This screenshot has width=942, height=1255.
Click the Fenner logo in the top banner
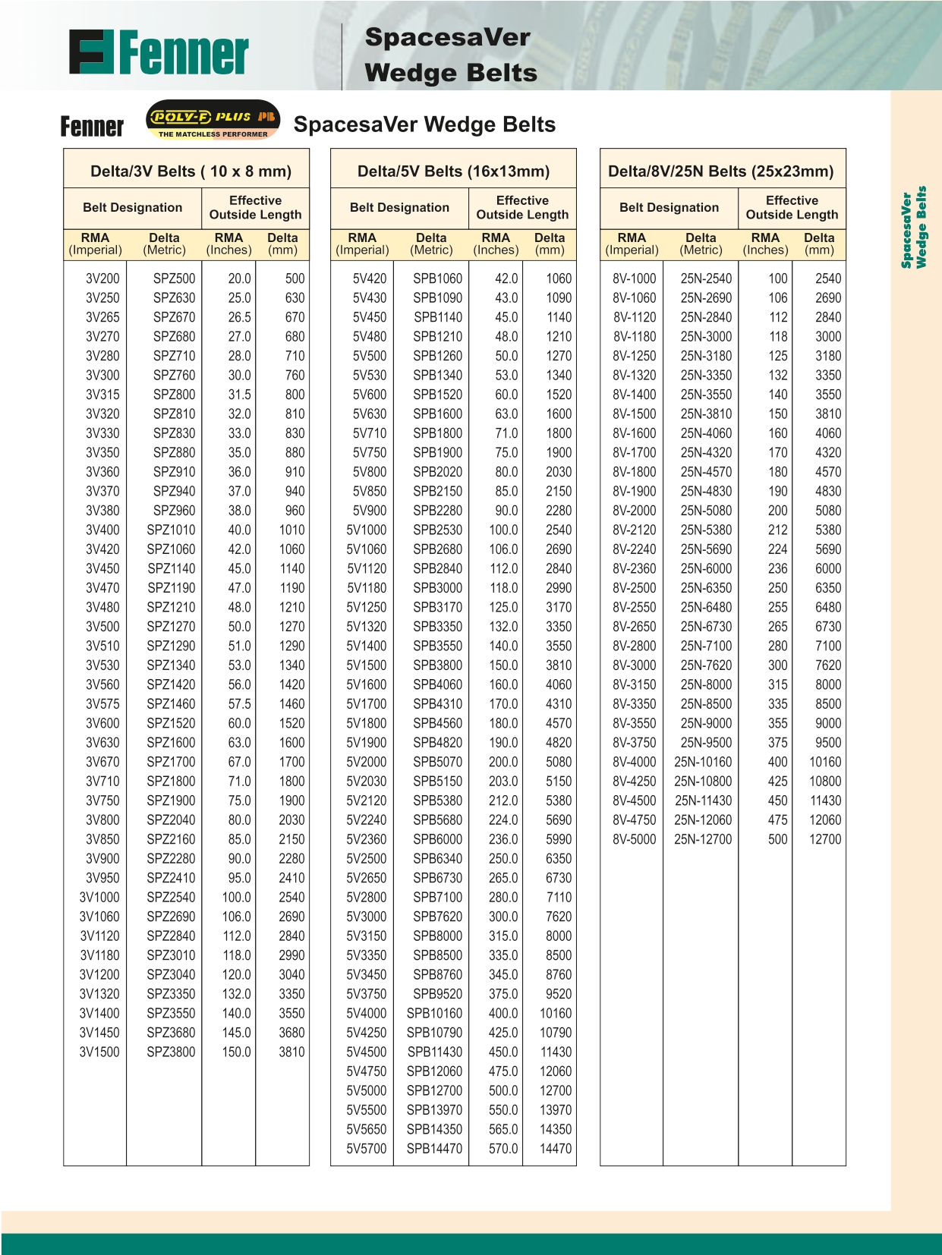(x=158, y=53)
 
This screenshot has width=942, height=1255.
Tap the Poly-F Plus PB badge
(x=213, y=121)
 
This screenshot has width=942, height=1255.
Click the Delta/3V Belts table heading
(x=191, y=171)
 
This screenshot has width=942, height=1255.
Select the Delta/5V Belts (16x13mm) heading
(x=453, y=171)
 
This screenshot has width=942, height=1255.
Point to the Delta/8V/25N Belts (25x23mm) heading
(x=721, y=171)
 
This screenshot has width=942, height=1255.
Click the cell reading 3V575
(x=102, y=704)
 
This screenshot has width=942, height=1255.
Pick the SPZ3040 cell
(x=171, y=975)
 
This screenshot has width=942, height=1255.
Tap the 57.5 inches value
(x=239, y=704)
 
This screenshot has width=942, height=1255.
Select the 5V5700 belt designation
(x=367, y=1149)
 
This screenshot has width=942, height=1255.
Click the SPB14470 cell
(x=434, y=1149)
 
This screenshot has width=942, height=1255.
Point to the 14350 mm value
(x=556, y=1130)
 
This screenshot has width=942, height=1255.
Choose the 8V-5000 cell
(x=635, y=839)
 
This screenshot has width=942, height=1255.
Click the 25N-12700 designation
(x=703, y=839)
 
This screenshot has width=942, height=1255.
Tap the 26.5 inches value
(x=239, y=317)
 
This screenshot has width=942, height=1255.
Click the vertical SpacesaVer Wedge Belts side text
(x=914, y=228)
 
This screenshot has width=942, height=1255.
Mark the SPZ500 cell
(x=174, y=278)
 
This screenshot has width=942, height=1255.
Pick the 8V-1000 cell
(x=635, y=278)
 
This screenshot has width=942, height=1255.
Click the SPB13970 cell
(x=434, y=1110)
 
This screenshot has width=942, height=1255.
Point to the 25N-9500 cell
(x=706, y=743)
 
